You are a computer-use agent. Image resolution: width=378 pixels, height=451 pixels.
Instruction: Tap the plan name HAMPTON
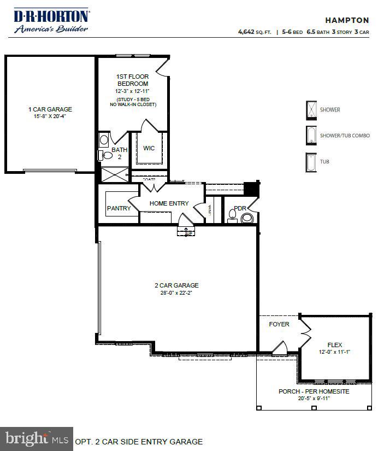349,20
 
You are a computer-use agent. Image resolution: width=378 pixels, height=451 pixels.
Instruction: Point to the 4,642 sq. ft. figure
255,32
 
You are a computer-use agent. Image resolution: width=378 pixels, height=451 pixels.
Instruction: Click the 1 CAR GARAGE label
50,109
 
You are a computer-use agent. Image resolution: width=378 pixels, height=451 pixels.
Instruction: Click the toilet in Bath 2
107,156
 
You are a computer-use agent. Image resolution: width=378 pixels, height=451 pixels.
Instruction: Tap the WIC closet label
149,148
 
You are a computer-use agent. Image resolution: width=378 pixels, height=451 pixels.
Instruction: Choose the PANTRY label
118,208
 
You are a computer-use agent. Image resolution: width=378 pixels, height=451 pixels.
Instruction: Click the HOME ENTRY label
169,203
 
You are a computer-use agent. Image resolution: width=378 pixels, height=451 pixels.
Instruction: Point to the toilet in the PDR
247,218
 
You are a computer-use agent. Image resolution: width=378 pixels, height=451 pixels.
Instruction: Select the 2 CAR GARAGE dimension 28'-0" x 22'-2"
176,293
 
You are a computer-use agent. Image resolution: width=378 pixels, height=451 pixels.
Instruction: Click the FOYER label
279,324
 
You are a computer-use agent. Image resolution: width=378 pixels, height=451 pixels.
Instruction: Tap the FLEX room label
334,345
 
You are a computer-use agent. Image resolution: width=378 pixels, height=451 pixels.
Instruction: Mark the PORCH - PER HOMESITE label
314,391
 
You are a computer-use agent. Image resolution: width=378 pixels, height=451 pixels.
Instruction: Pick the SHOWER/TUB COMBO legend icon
311,135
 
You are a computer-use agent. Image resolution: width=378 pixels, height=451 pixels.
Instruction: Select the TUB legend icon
311,161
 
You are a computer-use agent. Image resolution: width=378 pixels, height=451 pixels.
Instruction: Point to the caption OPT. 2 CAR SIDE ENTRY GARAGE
139,442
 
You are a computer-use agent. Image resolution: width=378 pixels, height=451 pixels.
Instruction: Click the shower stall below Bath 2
113,174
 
